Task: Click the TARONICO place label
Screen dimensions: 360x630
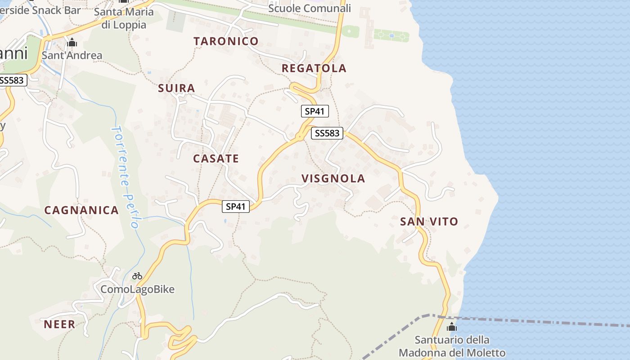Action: pyautogui.click(x=226, y=41)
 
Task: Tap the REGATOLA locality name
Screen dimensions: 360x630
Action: pyautogui.click(x=314, y=68)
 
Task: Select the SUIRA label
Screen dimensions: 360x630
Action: pyautogui.click(x=176, y=88)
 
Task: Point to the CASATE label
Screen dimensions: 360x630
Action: pyautogui.click(x=216, y=158)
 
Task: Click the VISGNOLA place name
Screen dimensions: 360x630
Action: pyautogui.click(x=333, y=179)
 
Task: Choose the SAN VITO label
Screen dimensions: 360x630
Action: pyautogui.click(x=429, y=221)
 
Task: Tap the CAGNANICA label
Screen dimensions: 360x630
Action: pyautogui.click(x=81, y=210)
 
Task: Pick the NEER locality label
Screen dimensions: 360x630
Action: pyautogui.click(x=59, y=324)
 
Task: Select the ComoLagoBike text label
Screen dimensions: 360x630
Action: pyautogui.click(x=137, y=289)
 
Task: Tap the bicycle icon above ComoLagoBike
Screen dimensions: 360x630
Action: pyautogui.click(x=137, y=276)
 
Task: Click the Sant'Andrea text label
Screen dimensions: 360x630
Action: pyautogui.click(x=72, y=55)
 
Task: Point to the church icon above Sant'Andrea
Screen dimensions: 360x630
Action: pyautogui.click(x=72, y=43)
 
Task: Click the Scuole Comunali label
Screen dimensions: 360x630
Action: pyautogui.click(x=309, y=8)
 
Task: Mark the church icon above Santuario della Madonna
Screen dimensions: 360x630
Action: pyautogui.click(x=452, y=327)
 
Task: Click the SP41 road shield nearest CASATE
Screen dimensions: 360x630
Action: pyautogui.click(x=236, y=207)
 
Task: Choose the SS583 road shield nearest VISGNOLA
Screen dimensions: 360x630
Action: pyautogui.click(x=327, y=133)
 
